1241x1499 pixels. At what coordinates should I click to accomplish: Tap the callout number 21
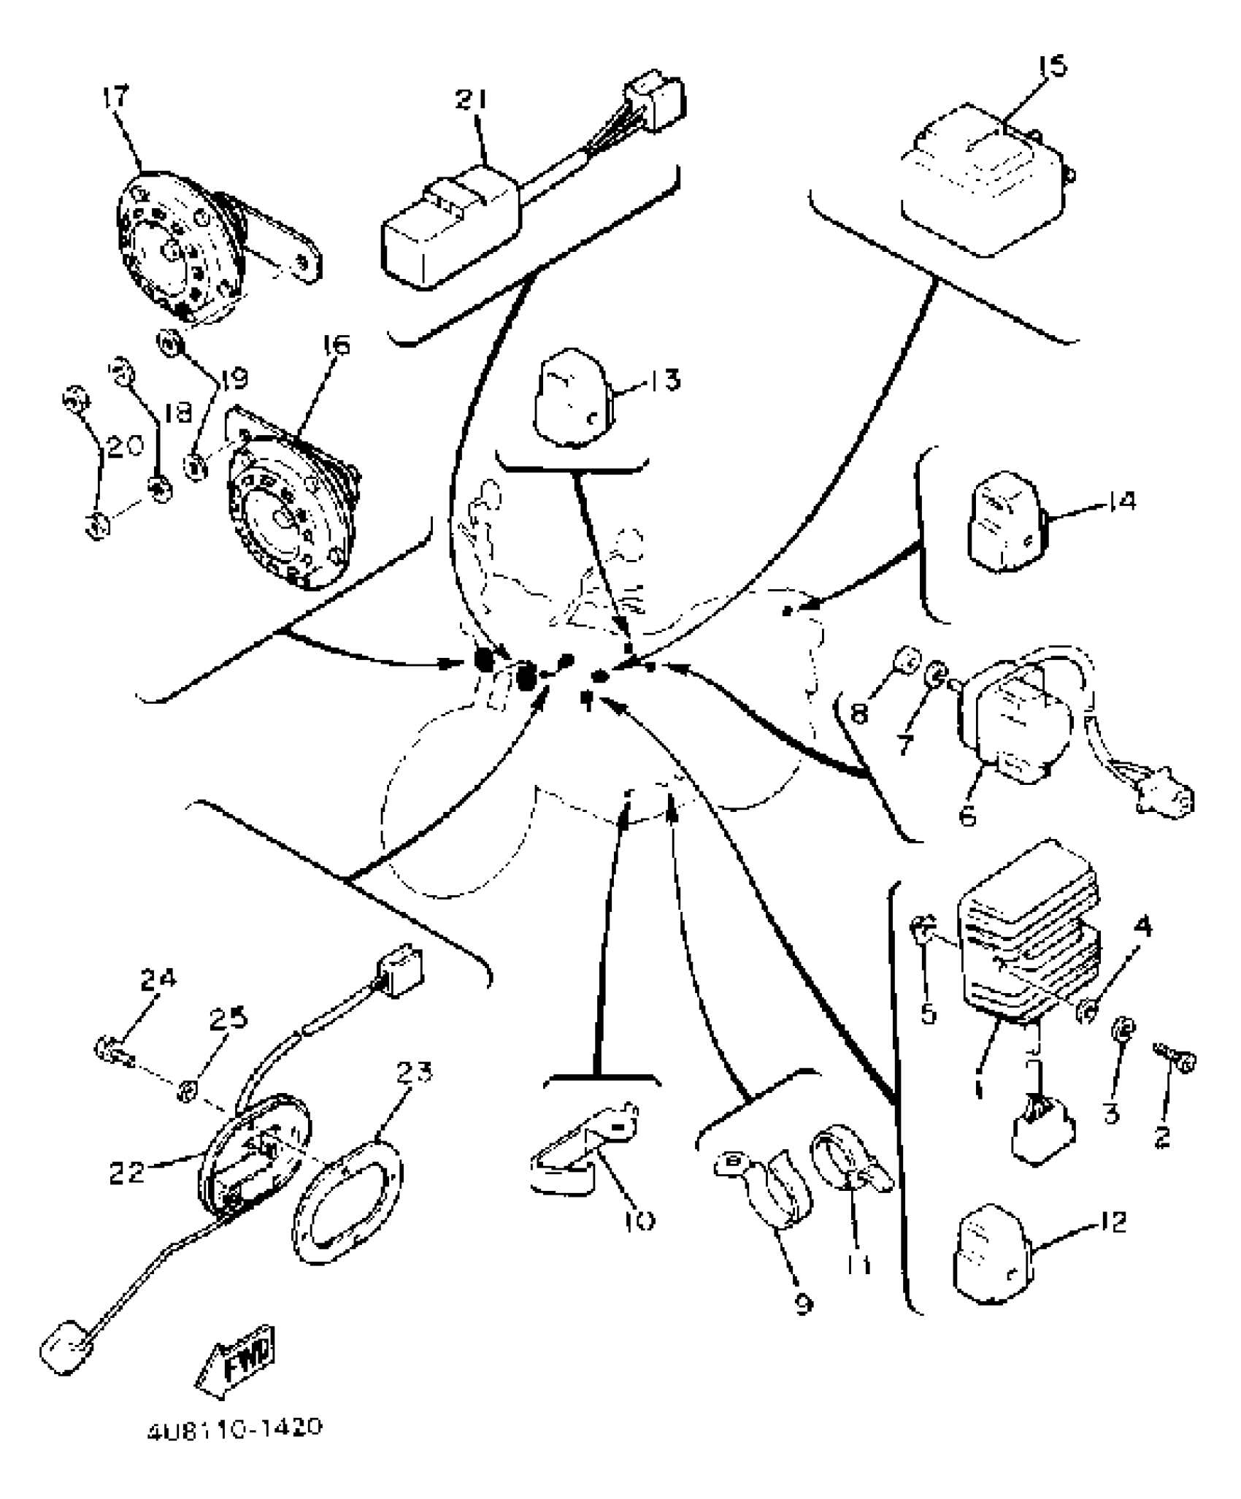(x=473, y=100)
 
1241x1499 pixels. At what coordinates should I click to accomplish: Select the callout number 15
(x=1052, y=66)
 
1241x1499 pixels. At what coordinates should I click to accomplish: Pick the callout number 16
(x=334, y=345)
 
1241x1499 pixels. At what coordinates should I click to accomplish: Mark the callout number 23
(x=414, y=1072)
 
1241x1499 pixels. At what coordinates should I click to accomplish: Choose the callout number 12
(x=1109, y=1221)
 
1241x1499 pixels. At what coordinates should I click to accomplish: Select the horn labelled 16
(x=292, y=518)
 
